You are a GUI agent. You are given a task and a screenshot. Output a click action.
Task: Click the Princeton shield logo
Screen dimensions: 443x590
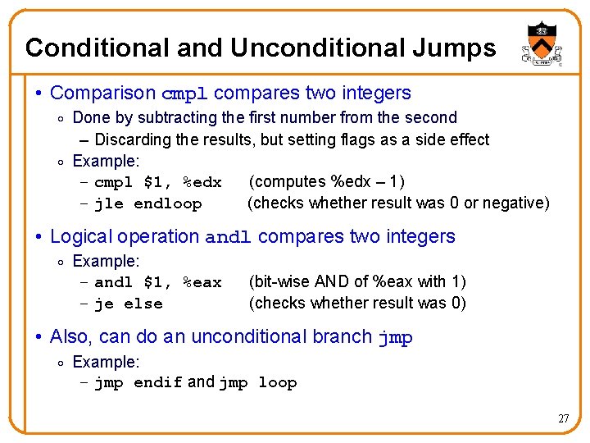[540, 43]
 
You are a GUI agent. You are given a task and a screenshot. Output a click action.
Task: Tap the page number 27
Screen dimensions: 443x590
[563, 418]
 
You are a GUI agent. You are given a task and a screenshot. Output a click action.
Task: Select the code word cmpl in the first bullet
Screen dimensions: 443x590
[186, 94]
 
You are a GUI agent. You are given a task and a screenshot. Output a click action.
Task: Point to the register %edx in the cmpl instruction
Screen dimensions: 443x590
[202, 182]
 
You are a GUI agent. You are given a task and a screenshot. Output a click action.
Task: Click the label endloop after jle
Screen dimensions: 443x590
[167, 203]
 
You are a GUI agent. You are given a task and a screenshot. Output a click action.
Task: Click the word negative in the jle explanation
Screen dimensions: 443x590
[517, 203]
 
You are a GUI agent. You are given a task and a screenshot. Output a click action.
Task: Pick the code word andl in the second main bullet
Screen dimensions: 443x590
[228, 238]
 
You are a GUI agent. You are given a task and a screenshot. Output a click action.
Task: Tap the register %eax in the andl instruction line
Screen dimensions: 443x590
[202, 282]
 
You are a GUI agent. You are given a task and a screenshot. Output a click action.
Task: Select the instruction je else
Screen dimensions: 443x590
[129, 304]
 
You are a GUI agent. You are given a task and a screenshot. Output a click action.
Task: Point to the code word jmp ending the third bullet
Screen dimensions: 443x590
[395, 338]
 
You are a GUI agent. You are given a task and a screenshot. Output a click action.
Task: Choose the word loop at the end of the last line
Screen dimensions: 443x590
[277, 382]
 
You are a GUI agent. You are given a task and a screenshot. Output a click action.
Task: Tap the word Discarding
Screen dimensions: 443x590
[134, 139]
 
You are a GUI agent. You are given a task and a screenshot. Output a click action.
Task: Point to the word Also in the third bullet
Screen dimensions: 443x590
[68, 337]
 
